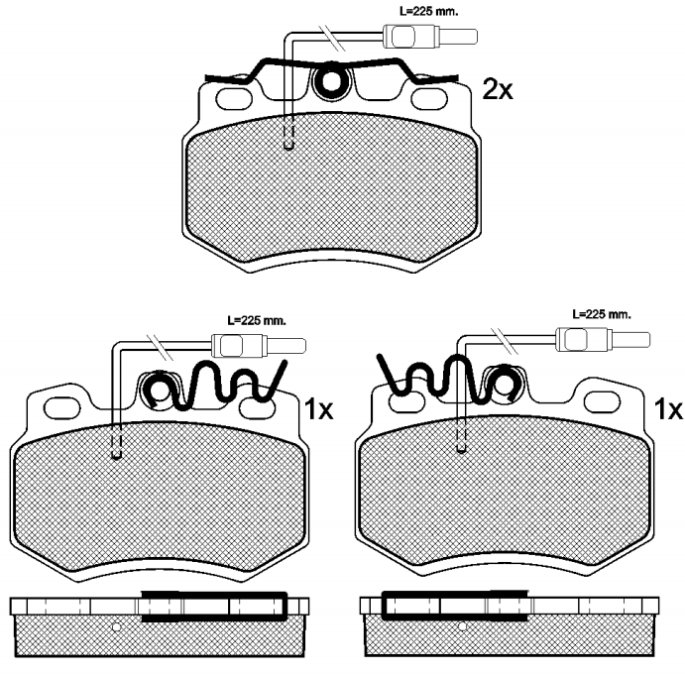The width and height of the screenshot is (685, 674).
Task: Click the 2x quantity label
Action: click(498, 89)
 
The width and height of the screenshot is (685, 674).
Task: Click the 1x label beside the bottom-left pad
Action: click(318, 409)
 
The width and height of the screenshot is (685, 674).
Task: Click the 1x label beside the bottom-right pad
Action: click(667, 409)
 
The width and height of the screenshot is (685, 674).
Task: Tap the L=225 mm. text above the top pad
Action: click(429, 12)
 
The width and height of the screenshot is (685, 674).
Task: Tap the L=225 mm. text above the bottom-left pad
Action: click(257, 320)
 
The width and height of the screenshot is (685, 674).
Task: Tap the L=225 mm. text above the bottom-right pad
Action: click(602, 314)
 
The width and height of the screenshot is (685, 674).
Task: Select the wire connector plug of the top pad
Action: click(430, 37)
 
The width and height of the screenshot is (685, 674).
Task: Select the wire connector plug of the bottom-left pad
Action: click(259, 346)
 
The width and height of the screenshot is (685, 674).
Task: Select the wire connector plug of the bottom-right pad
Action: click(603, 339)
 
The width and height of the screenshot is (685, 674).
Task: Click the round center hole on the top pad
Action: click(332, 80)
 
